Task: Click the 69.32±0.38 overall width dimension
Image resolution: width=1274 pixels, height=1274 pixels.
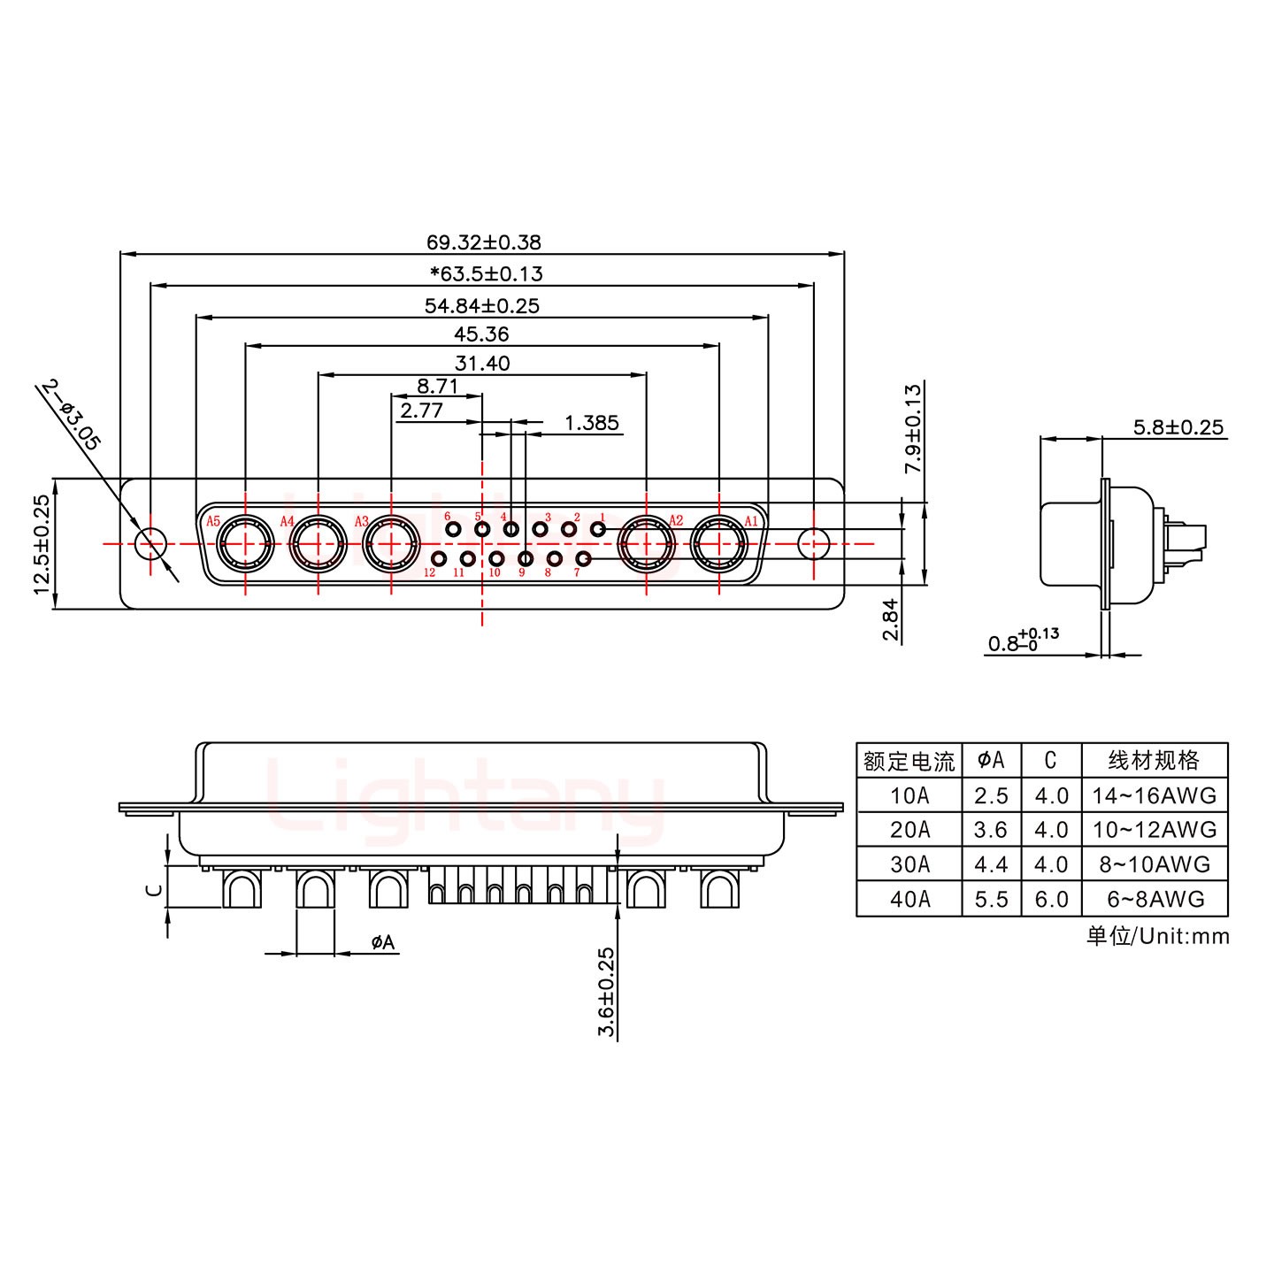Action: point(483,242)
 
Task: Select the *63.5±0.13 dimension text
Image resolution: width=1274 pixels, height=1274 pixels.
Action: point(486,273)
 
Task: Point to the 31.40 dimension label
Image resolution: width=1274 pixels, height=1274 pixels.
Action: point(482,363)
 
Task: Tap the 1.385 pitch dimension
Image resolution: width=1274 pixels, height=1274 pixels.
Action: point(591,423)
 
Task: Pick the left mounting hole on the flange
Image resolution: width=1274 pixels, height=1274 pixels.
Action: point(150,543)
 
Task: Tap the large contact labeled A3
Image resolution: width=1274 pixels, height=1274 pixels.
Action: point(391,543)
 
